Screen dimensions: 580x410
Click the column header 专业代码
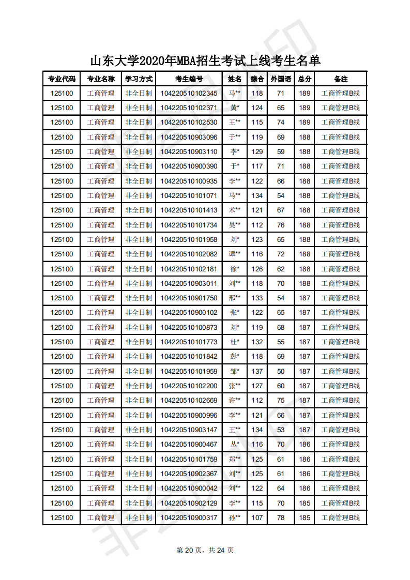click(62, 79)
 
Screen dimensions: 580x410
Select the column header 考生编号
click(189, 79)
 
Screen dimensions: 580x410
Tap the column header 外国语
click(281, 79)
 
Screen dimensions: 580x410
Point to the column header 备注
click(341, 79)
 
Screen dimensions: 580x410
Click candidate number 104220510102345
click(189, 94)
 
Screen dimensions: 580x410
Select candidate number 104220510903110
click(189, 152)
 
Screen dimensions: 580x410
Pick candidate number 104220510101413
click(189, 210)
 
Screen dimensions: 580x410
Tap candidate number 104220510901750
click(189, 298)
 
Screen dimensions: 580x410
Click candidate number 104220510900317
click(189, 518)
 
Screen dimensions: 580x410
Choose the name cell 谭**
click(235, 254)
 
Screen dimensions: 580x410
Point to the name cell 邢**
click(235, 298)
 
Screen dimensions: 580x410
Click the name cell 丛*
click(235, 445)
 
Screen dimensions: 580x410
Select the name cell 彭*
click(235, 357)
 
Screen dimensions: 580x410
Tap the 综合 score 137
click(257, 371)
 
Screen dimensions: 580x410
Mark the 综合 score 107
click(257, 518)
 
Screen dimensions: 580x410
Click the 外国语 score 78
click(281, 518)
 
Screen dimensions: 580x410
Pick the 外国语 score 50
click(281, 371)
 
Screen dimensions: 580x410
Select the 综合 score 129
click(257, 152)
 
